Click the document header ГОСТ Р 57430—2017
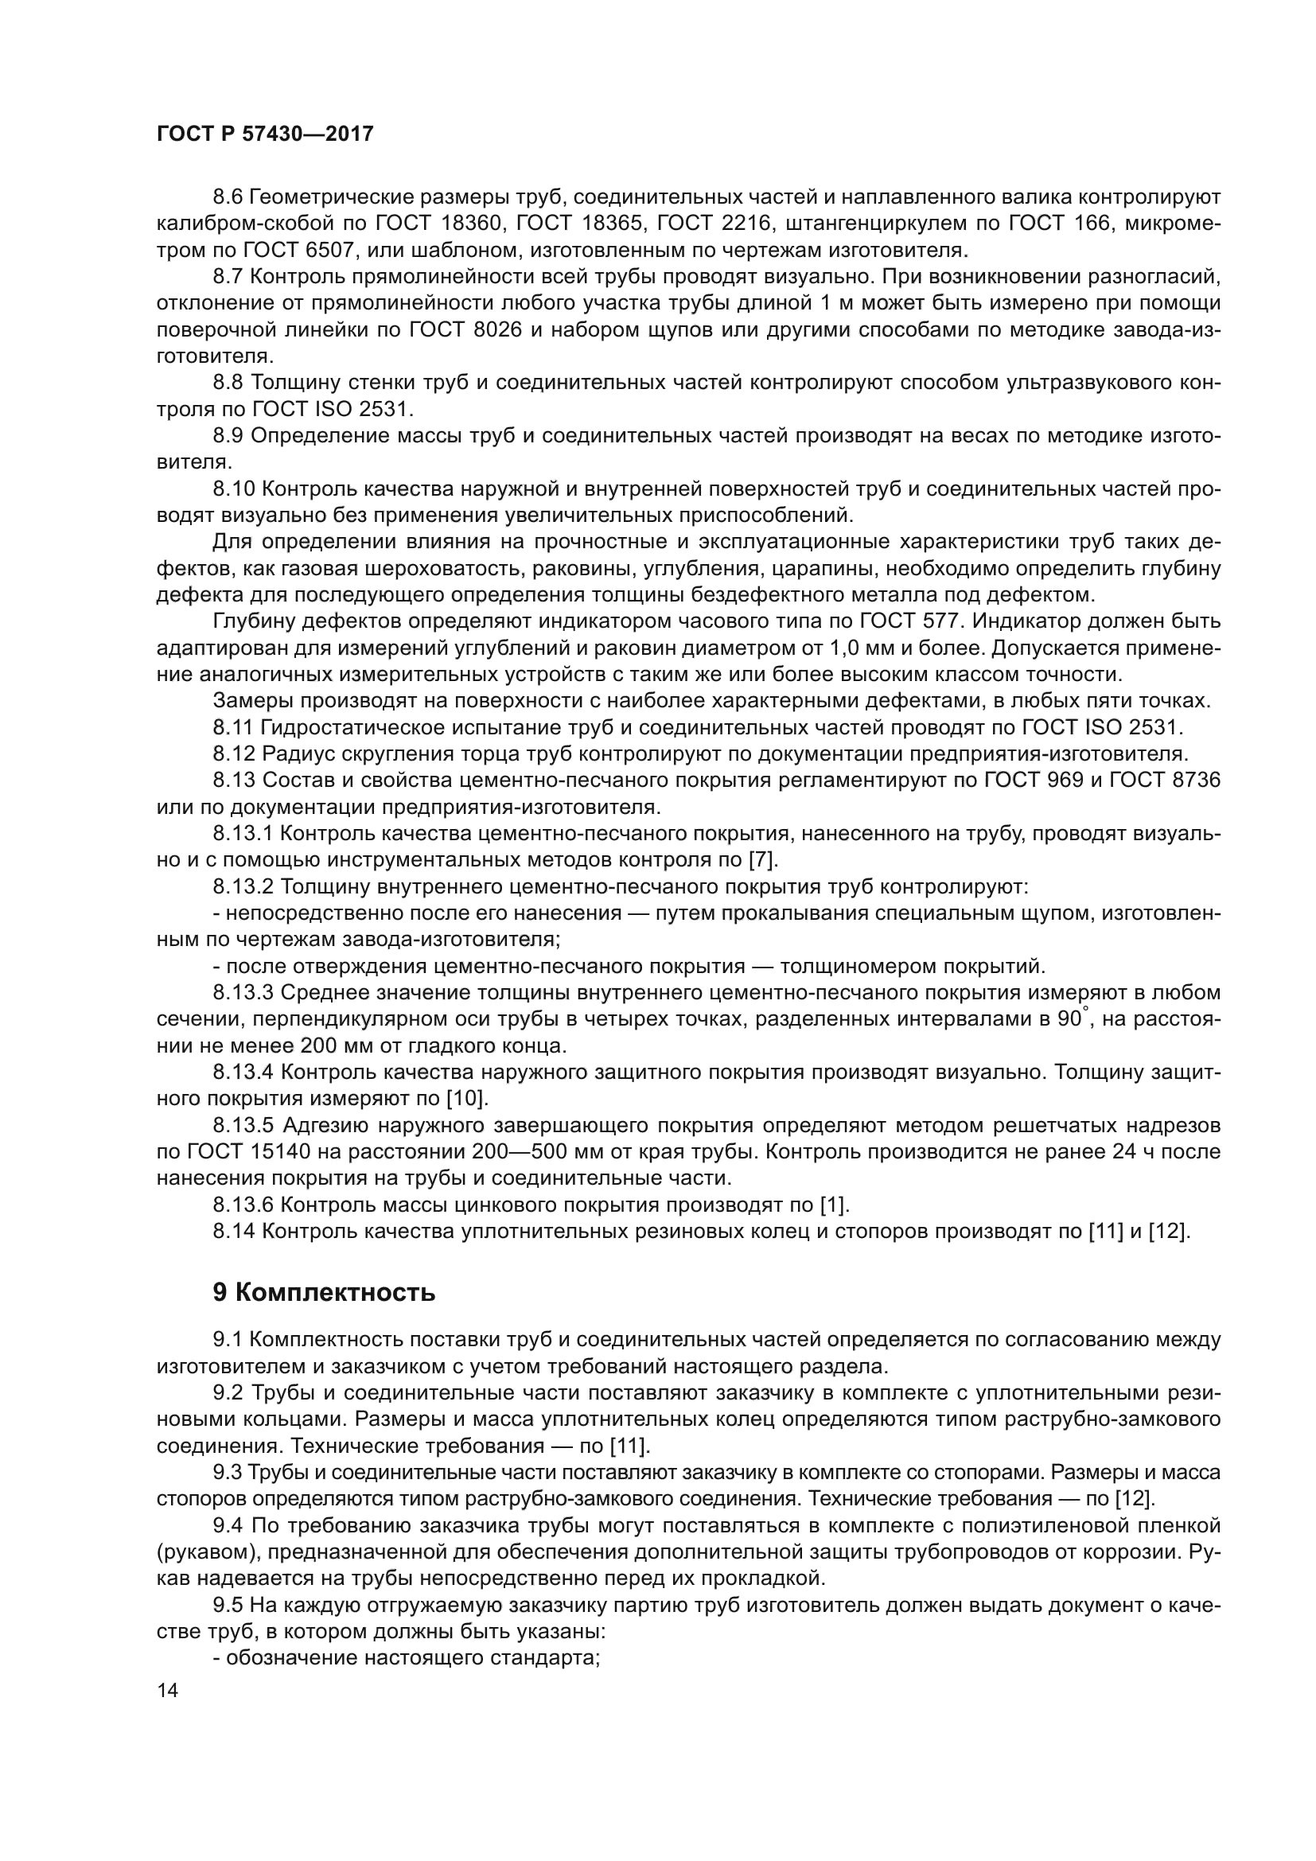264,134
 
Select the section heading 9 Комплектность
323,1292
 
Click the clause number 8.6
228,197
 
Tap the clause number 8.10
234,489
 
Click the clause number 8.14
234,1231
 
